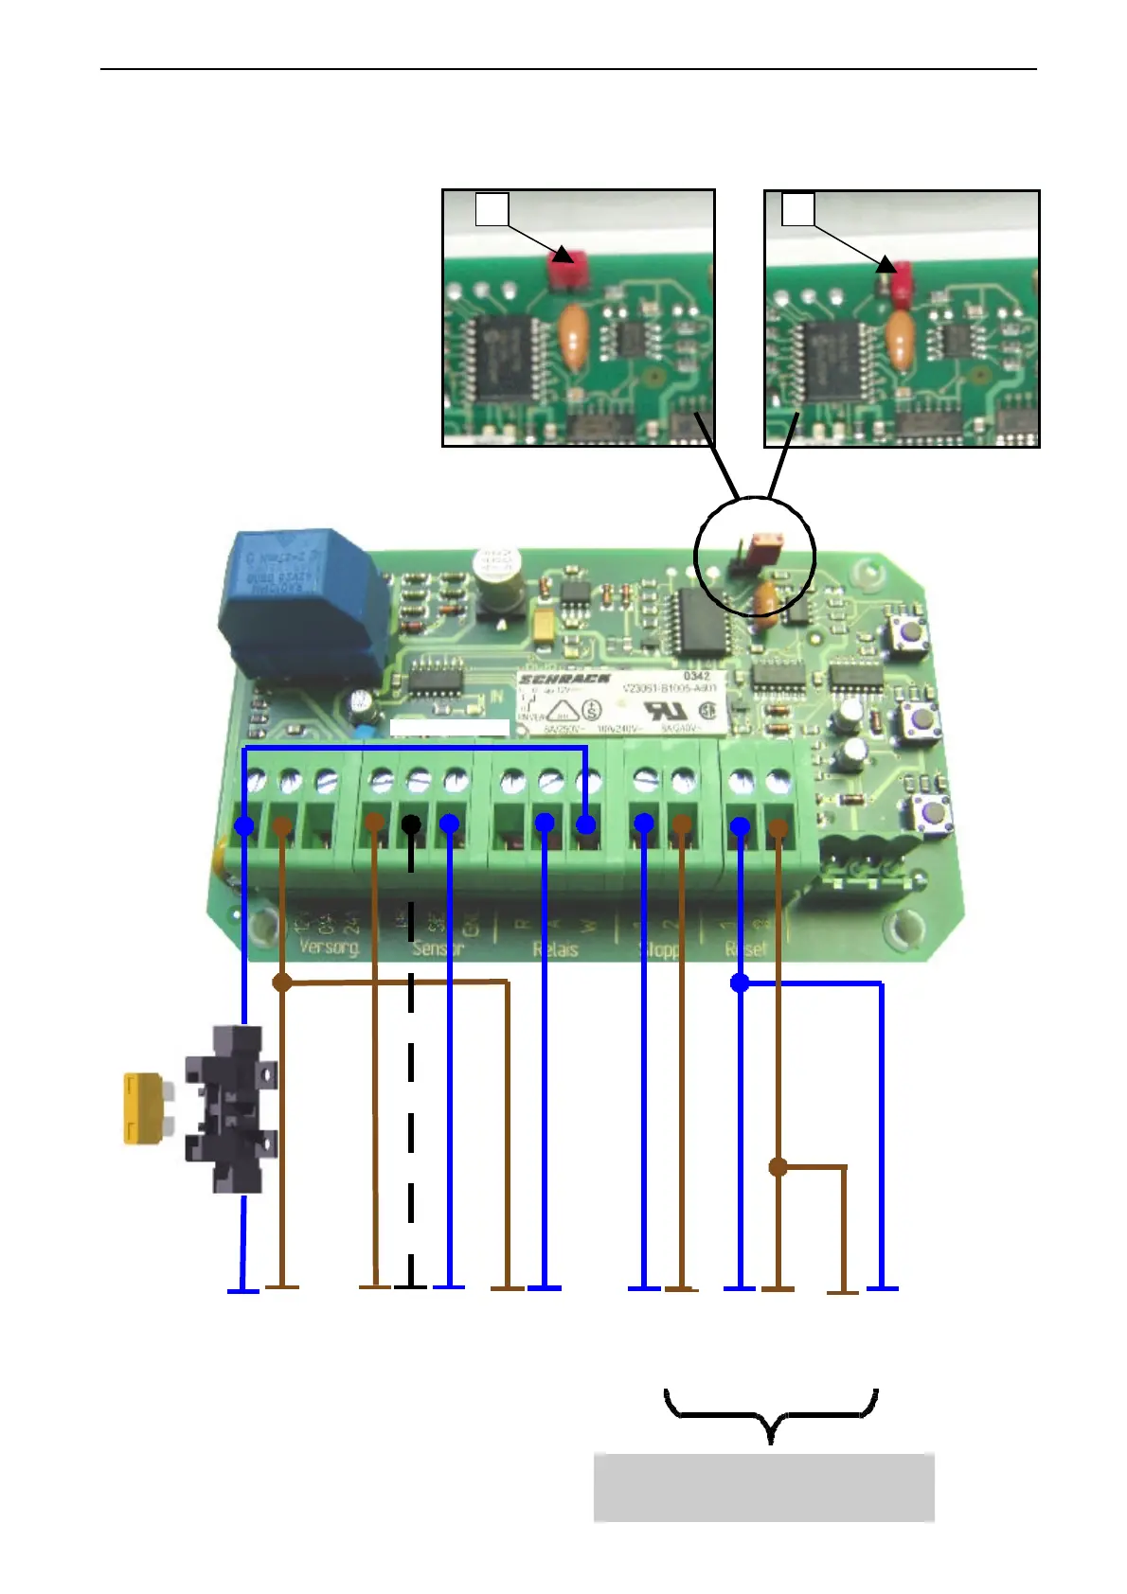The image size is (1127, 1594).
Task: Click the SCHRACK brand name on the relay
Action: (x=564, y=680)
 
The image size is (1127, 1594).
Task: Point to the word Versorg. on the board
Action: (x=329, y=947)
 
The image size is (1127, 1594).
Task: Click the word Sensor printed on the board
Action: (x=438, y=948)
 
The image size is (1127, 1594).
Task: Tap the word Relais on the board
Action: (x=555, y=949)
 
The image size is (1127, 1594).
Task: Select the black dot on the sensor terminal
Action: (x=411, y=825)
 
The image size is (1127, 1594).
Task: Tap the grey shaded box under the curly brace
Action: (x=763, y=1487)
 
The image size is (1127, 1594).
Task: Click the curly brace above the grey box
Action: (x=771, y=1414)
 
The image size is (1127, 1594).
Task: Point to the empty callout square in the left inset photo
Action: (x=492, y=208)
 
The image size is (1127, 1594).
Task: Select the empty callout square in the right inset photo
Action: (x=797, y=208)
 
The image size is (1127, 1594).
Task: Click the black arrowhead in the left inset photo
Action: (x=563, y=254)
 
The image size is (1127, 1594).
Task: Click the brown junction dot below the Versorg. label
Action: (x=281, y=983)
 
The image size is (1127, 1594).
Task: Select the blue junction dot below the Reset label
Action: (x=740, y=983)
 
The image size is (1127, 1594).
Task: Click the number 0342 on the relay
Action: (x=696, y=676)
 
